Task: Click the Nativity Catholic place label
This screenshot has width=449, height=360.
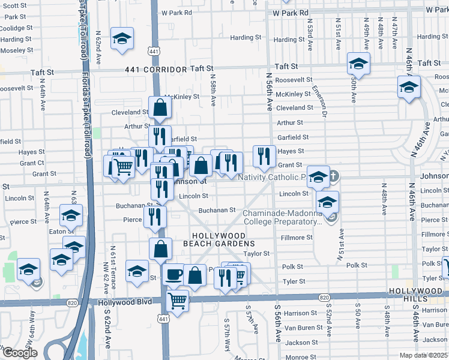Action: point(273,177)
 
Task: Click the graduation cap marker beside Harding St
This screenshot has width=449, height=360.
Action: point(122,39)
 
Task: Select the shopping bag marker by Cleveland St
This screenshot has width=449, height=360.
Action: point(160,108)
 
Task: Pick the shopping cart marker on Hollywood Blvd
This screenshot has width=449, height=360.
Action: point(178,301)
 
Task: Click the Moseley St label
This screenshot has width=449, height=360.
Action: point(17,50)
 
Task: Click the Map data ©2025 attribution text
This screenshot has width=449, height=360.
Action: point(423,355)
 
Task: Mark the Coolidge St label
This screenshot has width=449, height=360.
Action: point(16,28)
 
